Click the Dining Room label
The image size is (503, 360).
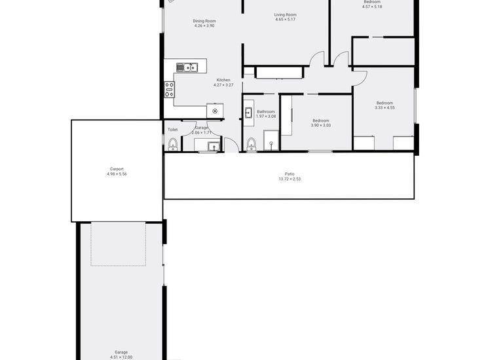(204, 21)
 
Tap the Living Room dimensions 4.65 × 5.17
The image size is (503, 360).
(286, 20)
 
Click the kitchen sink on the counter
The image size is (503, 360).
(187, 66)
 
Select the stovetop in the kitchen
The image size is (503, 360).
(169, 89)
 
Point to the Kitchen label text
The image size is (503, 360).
(223, 80)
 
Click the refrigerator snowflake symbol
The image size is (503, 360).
(215, 111)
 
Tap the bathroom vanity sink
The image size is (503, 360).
(248, 113)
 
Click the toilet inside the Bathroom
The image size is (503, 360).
(251, 144)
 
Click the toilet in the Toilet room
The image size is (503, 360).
(173, 144)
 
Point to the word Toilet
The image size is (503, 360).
(173, 130)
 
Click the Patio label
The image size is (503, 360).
(289, 173)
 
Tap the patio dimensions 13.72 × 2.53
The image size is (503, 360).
(289, 179)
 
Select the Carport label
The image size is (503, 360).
(117, 168)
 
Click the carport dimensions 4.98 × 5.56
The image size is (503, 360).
(117, 173)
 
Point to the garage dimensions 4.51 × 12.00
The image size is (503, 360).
(121, 357)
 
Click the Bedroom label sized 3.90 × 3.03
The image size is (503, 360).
(320, 120)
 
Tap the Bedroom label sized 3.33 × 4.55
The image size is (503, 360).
(384, 103)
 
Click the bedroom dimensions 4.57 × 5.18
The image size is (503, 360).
(372, 7)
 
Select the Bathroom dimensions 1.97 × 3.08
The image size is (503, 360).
(266, 117)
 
